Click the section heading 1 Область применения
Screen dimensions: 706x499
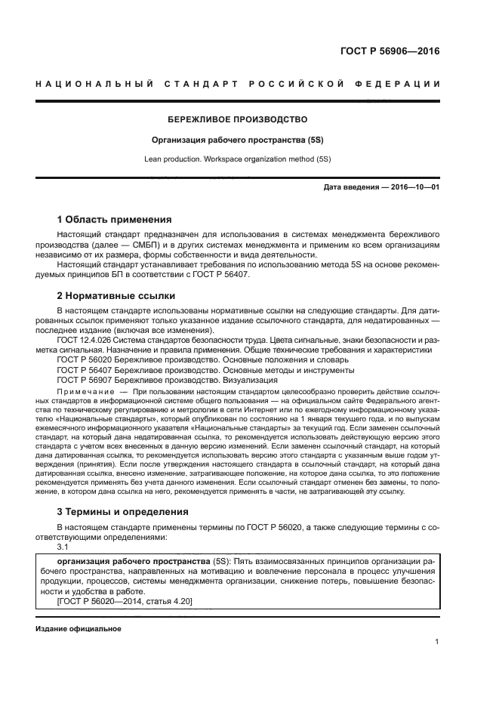(x=114, y=219)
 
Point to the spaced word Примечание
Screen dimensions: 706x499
(x=82, y=393)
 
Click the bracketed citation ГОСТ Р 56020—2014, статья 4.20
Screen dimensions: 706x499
(x=125, y=601)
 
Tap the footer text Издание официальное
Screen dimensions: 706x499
(x=79, y=628)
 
